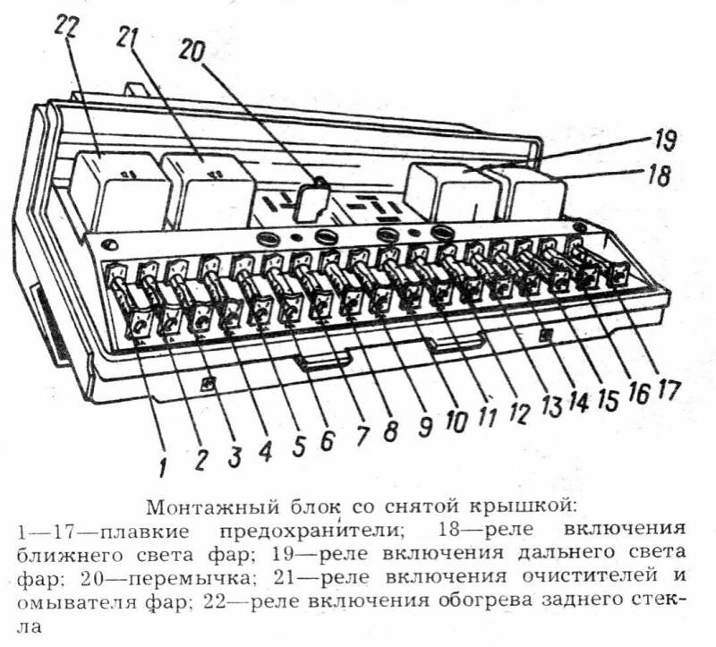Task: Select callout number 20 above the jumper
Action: (x=191, y=50)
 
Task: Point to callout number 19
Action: (x=663, y=141)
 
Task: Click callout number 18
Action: (x=659, y=175)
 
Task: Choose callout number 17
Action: (x=668, y=390)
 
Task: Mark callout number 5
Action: (x=298, y=446)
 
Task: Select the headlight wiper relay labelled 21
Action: (x=208, y=191)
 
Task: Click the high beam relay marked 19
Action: (x=452, y=192)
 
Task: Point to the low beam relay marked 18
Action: (x=534, y=194)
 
